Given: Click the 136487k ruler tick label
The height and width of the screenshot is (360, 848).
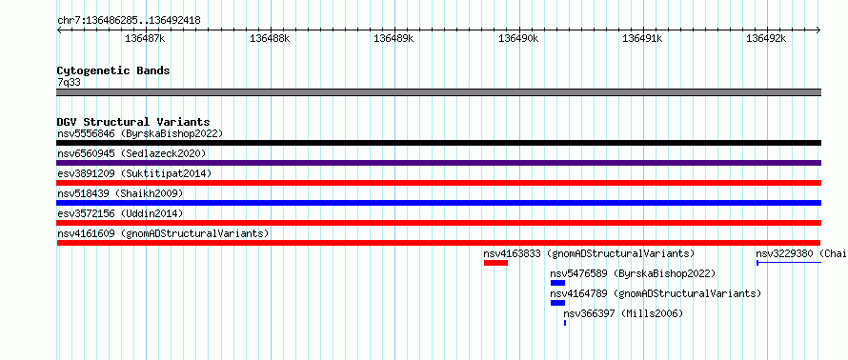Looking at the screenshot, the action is tap(145, 38).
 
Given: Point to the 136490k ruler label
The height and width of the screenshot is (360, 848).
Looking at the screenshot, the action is tap(518, 38).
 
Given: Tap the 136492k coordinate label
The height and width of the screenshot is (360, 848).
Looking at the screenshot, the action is tap(766, 38).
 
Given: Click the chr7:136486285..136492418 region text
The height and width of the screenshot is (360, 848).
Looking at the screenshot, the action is tap(129, 21).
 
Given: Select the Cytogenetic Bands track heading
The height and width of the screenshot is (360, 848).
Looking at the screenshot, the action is tap(113, 70).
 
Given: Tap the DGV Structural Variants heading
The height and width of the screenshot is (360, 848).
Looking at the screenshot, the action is tap(133, 122).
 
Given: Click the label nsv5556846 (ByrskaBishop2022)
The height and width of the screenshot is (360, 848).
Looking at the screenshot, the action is tap(140, 133).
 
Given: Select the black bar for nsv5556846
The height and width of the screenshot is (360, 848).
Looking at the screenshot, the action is tap(438, 143).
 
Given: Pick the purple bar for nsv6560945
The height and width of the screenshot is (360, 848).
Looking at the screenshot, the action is tap(438, 163).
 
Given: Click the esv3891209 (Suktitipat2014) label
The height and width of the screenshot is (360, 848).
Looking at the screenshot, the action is tap(134, 173).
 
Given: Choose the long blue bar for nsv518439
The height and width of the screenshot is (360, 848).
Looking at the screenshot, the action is tap(438, 203).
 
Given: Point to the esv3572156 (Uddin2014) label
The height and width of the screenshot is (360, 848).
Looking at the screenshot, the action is tap(120, 213).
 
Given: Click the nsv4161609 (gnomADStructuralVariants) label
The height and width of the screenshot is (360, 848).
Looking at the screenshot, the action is tap(163, 233).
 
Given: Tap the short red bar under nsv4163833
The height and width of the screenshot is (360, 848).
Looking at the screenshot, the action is tap(495, 263).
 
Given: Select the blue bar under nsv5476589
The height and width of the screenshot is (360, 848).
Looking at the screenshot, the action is tap(557, 283).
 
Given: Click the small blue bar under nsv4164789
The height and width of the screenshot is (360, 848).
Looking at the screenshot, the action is tap(557, 303).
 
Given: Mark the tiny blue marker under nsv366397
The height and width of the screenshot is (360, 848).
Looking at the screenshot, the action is tap(565, 323).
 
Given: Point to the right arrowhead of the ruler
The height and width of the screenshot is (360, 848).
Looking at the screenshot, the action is tap(818, 30).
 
